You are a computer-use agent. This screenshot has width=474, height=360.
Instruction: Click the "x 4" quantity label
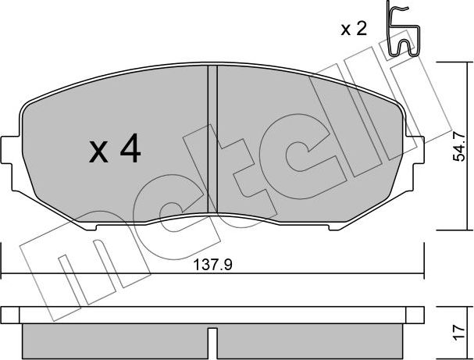point(114,150)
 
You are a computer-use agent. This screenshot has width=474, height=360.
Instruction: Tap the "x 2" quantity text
point(353,30)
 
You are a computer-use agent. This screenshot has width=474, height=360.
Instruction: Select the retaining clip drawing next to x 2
point(402,31)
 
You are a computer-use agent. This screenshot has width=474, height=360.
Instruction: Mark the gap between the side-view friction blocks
point(212,342)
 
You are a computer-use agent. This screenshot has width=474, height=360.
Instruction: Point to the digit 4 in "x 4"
point(130,150)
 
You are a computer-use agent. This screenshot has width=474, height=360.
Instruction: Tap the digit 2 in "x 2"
point(362,30)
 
